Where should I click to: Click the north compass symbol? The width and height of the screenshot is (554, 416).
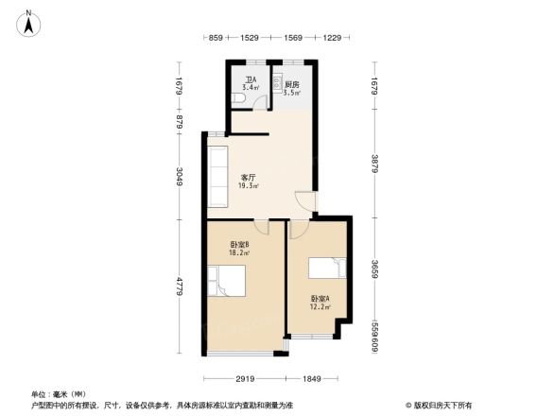29,22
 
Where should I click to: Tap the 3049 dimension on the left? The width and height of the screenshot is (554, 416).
180,178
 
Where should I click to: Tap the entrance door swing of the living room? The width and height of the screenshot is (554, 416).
304,200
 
